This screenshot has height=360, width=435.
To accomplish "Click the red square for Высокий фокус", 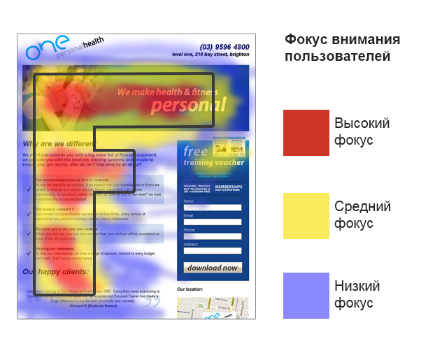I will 306,132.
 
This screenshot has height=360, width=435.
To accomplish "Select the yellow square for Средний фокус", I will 306,215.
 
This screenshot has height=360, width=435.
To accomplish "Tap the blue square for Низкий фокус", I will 306,296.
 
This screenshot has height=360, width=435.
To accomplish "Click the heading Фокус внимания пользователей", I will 342,48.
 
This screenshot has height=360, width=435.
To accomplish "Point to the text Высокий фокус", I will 362,131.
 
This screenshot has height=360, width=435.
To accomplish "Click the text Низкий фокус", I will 357,294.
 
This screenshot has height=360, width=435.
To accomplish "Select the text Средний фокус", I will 362,215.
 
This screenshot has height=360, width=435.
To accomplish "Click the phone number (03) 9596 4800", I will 224,47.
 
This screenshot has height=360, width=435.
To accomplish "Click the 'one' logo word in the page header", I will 48,47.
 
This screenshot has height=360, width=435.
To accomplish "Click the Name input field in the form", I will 212,208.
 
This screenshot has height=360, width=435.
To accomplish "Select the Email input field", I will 212,222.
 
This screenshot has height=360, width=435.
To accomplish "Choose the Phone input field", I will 212,236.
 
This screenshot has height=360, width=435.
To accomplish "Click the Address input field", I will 212,250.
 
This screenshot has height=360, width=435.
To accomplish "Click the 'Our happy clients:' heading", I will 56,271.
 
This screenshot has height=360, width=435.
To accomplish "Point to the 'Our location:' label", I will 190,288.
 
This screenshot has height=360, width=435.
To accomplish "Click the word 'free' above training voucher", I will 196,152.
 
